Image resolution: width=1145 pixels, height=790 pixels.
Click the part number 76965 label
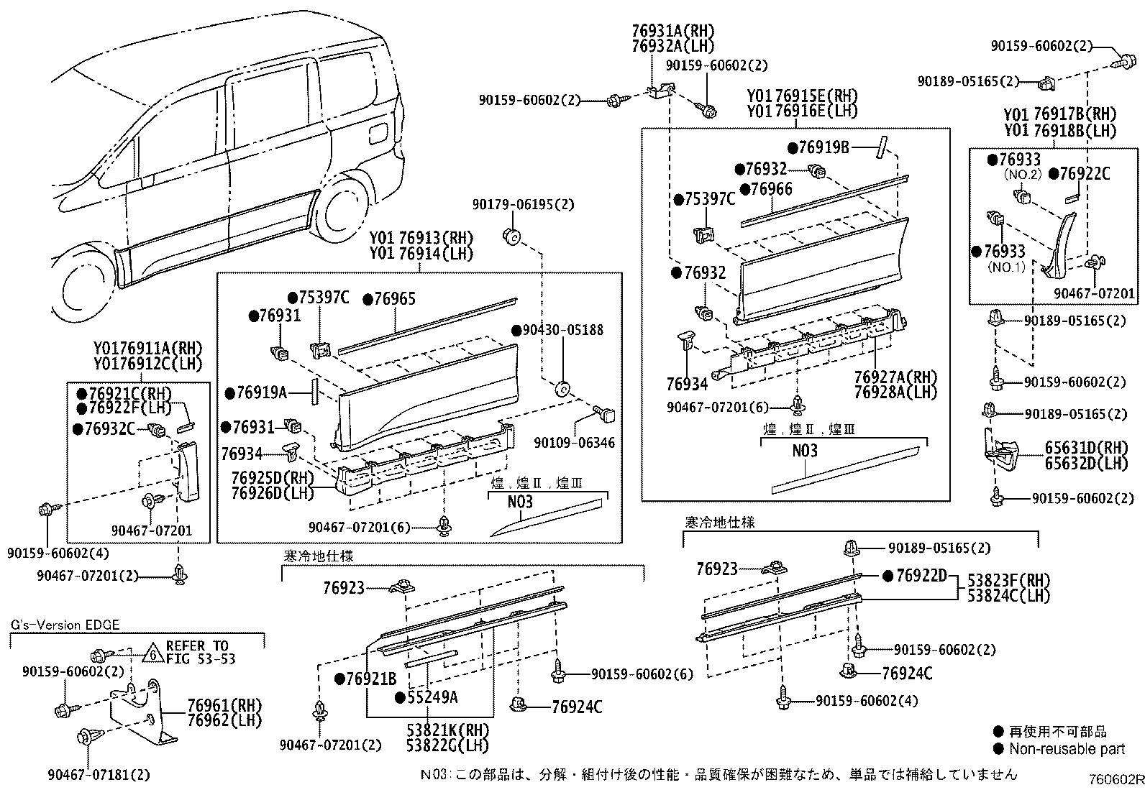coord(394,299)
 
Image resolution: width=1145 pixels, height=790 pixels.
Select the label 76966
coord(770,188)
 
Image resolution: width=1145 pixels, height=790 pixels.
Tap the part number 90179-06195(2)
coord(524,205)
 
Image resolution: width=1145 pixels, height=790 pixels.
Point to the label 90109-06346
coord(574,444)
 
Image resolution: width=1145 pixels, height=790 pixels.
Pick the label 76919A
coord(261,392)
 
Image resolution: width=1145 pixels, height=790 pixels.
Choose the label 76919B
coord(824,147)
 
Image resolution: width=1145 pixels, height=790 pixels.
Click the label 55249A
coord(432,696)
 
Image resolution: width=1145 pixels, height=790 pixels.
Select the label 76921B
coord(371,679)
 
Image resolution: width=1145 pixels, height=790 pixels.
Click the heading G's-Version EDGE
coord(65,625)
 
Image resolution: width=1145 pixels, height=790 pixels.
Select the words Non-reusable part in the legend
coord(1067,749)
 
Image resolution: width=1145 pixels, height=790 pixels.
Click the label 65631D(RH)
coord(1087,448)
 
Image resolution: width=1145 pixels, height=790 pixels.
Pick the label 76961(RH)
coord(225,705)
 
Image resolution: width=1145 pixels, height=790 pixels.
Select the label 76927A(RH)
coord(886,377)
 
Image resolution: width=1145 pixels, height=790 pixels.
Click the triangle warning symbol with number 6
coord(152,653)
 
